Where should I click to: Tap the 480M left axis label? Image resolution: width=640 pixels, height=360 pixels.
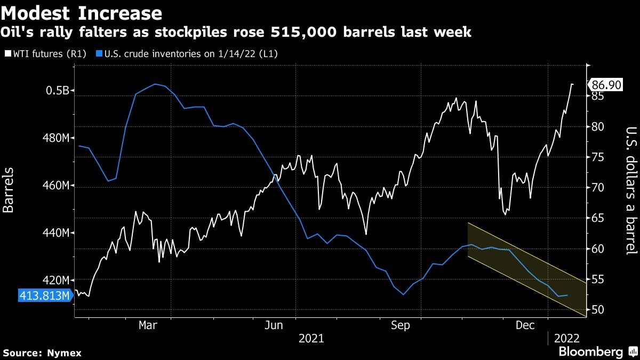tap(56, 138)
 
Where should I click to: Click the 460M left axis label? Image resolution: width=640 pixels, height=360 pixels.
tap(56, 186)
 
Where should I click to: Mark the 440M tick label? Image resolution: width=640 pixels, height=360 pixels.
tap(56, 233)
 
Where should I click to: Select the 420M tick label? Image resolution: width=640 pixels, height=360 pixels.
tap(56, 281)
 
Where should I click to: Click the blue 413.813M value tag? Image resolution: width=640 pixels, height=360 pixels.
tap(45, 295)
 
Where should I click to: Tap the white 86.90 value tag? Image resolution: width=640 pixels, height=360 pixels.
tap(604, 85)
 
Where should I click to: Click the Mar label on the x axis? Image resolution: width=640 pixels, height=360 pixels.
tap(148, 325)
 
